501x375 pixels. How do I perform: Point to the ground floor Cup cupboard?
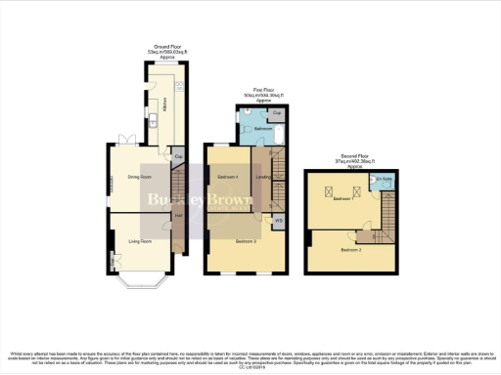coord(179,156)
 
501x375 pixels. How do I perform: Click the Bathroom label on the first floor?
coord(263,129)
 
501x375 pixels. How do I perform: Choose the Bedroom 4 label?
coord(227,177)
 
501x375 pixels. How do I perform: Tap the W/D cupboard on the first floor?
coord(279,221)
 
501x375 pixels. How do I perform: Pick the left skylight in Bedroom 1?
coord(331,188)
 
